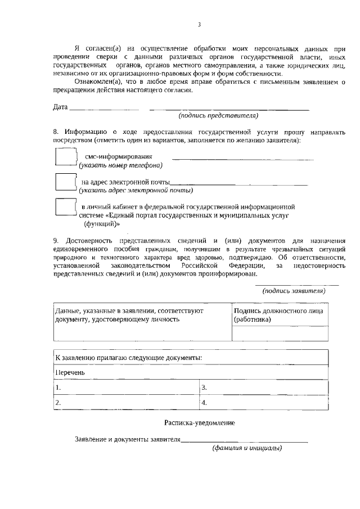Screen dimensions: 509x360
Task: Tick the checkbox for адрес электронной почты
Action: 65,182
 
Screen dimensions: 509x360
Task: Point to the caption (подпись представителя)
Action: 218,116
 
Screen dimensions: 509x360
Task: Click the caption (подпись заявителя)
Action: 294,291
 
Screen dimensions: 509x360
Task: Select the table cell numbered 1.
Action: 127,388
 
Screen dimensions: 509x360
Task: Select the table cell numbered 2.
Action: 127,403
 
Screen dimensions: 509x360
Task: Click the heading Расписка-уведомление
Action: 200,422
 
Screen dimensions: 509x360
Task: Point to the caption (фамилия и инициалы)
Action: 247,448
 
